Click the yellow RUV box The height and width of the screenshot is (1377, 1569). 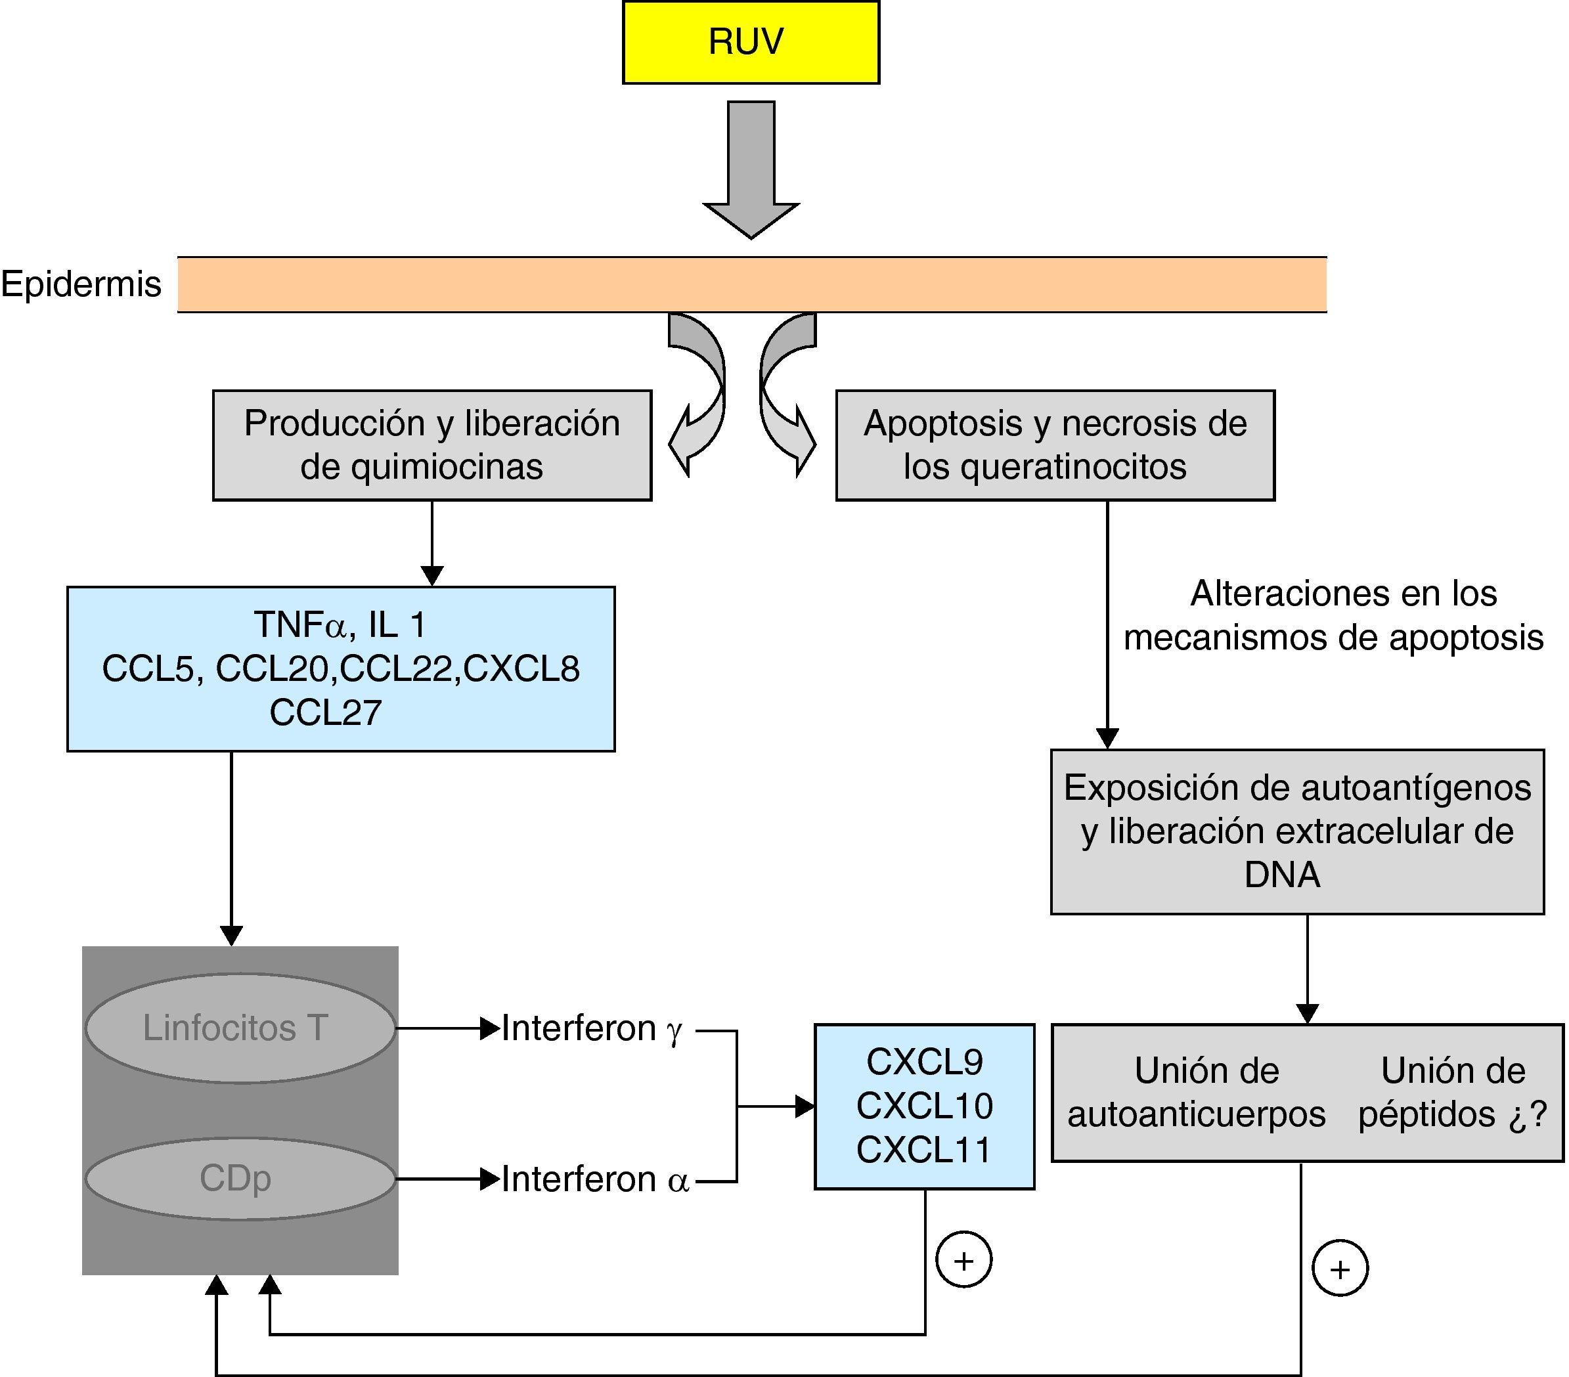click(750, 42)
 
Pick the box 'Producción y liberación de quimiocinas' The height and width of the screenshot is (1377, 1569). click(431, 445)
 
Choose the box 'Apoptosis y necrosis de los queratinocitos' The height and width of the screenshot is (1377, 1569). click(1055, 445)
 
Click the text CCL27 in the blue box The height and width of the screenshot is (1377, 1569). click(326, 712)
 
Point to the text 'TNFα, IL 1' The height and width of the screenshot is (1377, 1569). click(340, 624)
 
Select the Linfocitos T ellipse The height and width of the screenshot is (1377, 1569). click(240, 1028)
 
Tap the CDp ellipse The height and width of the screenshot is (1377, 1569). click(240, 1179)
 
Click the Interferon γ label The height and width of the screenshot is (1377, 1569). click(591, 1028)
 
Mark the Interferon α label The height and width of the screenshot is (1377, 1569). click(595, 1180)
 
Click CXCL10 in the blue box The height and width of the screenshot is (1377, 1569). click(924, 1106)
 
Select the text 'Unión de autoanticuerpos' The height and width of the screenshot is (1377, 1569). click(1196, 1092)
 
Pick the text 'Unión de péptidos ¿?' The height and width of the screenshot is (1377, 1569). click(1452, 1092)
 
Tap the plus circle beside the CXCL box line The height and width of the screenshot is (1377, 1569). click(964, 1260)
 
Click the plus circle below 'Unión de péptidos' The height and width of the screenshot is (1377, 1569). click(1340, 1269)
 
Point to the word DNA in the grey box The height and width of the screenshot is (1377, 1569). click(1282, 875)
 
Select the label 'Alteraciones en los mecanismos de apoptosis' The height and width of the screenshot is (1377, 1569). click(1334, 615)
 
